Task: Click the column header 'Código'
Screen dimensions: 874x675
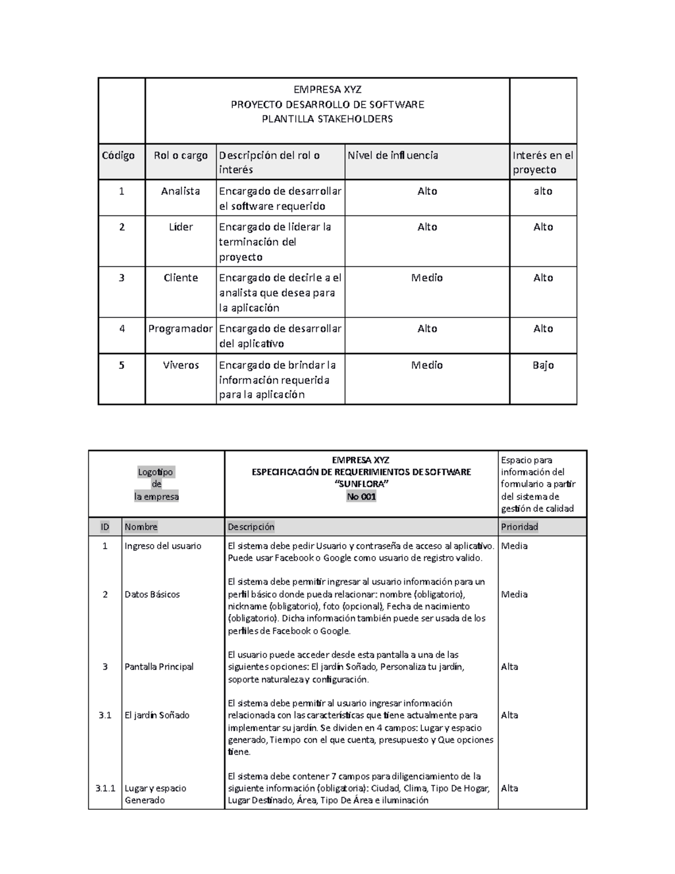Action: point(118,156)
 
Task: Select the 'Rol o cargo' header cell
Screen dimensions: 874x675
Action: point(181,156)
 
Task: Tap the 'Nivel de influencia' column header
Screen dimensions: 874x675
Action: point(393,155)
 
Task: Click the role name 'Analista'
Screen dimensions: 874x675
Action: point(181,191)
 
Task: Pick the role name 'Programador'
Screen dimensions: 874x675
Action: point(181,329)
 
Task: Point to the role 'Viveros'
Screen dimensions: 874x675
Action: point(181,365)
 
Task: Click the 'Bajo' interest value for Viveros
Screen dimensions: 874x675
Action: point(543,365)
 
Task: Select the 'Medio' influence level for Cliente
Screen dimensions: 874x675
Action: point(427,278)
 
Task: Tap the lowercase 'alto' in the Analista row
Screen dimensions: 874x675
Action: point(543,191)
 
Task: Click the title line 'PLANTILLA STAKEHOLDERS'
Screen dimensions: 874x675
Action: point(328,119)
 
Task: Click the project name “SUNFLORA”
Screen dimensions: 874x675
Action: point(361,485)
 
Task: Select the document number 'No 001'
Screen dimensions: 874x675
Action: point(361,496)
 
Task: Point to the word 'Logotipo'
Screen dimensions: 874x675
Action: point(156,472)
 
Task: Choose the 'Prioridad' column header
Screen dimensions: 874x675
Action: point(520,527)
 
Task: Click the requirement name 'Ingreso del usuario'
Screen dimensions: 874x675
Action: point(163,546)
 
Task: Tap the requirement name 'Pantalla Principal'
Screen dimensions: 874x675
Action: point(159,667)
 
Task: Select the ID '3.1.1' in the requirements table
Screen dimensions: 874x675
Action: point(105,788)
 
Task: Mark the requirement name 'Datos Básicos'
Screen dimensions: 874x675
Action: point(152,594)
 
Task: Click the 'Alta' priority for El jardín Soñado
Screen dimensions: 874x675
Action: point(510,715)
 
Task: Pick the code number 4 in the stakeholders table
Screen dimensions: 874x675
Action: point(121,329)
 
